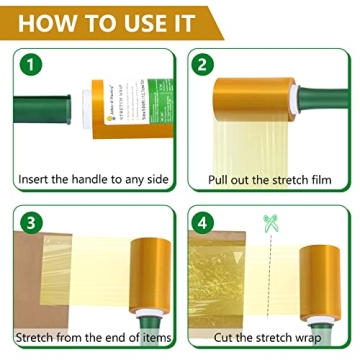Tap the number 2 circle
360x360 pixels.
(204, 67)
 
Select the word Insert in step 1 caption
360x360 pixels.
(36, 180)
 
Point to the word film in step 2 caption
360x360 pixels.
(322, 180)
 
